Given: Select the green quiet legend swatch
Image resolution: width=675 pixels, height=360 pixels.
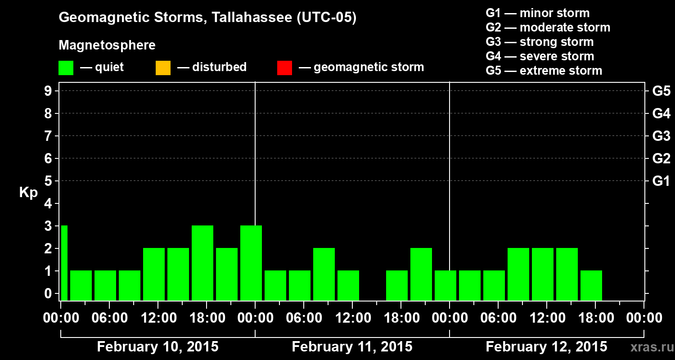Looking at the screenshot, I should pos(66,67).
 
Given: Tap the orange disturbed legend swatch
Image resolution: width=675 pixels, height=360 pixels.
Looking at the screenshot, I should pos(163,67).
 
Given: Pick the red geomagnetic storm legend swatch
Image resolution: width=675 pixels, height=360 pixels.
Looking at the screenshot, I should pos(284,67).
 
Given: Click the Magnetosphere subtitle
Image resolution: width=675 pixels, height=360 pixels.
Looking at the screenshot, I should pos(107,45).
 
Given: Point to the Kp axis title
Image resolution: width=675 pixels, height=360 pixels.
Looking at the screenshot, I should pos(28,193).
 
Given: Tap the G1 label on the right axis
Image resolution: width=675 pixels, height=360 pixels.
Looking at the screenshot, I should pos(661,181).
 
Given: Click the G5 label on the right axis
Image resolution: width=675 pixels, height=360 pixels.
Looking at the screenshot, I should pos(661,91).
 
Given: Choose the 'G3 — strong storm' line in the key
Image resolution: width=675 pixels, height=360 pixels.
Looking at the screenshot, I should pos(540,42).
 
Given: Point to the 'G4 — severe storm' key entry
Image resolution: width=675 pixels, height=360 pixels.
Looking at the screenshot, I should pos(540,56).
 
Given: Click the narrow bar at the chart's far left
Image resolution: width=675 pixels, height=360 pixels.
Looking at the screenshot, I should pos(64,263).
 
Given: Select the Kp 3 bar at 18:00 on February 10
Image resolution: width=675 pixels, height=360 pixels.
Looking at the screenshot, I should pos(202,263).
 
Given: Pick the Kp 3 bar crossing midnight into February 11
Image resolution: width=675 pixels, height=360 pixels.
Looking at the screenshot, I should pos(251,263).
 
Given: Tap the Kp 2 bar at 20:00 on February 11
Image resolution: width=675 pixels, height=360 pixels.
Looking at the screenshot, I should pos(421,274).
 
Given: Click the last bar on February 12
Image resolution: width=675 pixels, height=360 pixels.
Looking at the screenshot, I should pos(591,285).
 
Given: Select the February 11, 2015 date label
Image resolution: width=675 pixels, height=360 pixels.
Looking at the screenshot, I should pos(352,347).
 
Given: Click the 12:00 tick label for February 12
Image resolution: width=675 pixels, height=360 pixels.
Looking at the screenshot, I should pos(546,318).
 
